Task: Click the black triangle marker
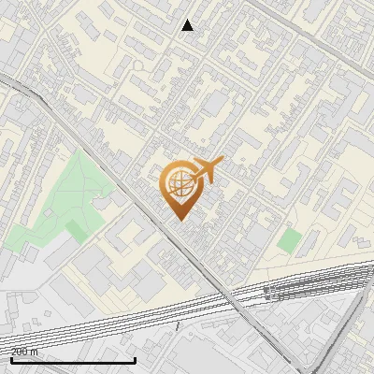tap(188, 25)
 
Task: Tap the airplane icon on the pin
tap(206, 171)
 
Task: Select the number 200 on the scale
tap(20, 352)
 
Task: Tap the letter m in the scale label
tap(36, 352)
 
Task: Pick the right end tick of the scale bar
tap(136, 359)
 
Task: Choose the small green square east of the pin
tap(290, 240)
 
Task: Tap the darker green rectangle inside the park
tap(76, 228)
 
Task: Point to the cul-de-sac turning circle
tap(137, 66)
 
